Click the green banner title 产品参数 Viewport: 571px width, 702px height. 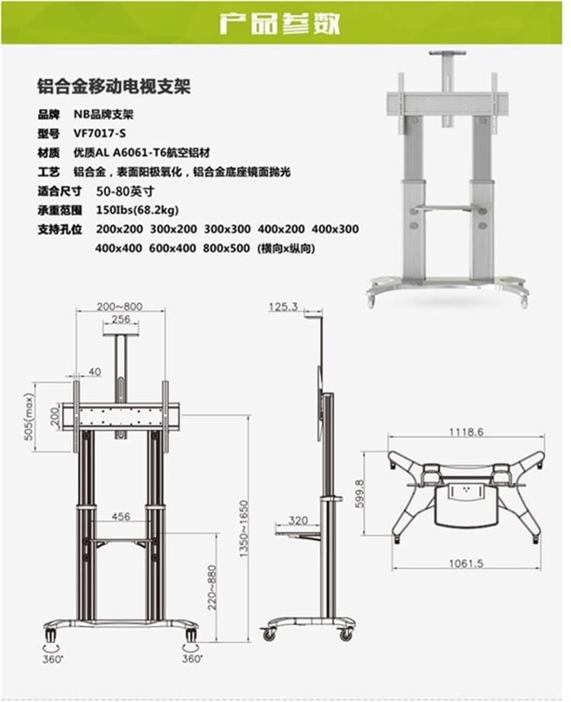tap(279, 23)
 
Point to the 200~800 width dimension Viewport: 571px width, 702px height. tap(120, 306)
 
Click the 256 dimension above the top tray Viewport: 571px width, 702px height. tap(120, 319)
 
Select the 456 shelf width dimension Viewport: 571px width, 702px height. tap(121, 516)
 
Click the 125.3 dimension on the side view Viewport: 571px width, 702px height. tap(282, 307)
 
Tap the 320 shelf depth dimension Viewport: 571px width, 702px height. tap(298, 521)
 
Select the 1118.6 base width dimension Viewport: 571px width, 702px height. tap(466, 432)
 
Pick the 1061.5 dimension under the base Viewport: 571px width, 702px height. tap(467, 564)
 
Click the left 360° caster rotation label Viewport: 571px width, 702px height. tap(51, 658)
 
